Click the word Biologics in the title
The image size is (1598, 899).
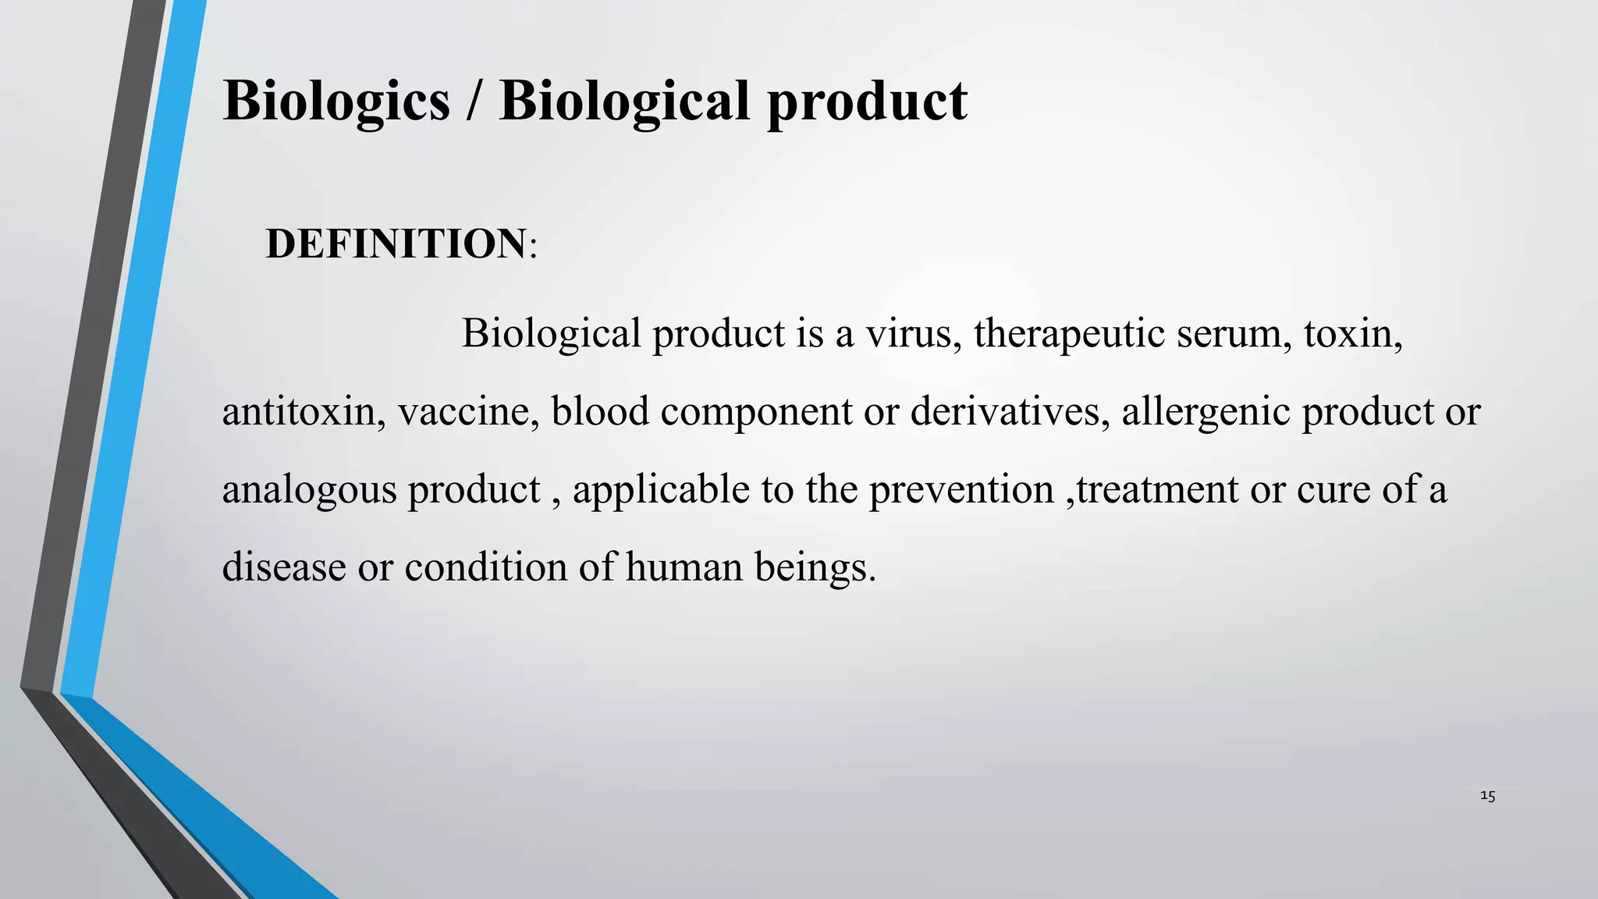click(x=336, y=102)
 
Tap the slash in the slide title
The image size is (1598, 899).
click(x=474, y=101)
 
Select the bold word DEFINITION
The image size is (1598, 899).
click(x=396, y=243)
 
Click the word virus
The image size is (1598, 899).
click(x=912, y=333)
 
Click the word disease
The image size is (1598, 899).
click(x=284, y=567)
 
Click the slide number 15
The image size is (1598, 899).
click(x=1487, y=797)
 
